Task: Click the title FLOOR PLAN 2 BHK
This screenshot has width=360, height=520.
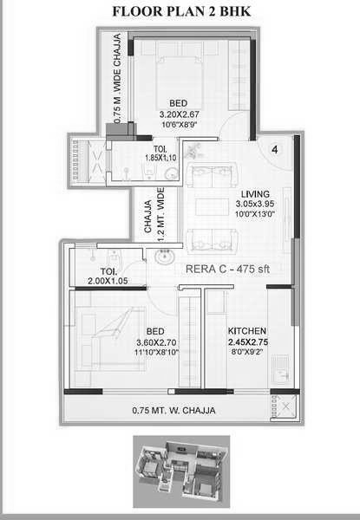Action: coord(181,11)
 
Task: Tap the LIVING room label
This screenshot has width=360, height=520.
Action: coord(255,194)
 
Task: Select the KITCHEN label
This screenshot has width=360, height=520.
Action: coord(247,331)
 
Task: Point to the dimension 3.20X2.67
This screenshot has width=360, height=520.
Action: coord(180,114)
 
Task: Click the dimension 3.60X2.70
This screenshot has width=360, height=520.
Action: coord(156,342)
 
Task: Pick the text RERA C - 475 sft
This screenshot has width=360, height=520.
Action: coord(227,269)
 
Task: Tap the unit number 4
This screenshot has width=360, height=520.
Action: coord(275,150)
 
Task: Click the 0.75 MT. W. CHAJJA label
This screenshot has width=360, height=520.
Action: coord(173,411)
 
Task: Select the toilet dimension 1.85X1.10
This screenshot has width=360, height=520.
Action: coord(160,158)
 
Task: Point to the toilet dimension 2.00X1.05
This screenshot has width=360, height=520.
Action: coord(108,281)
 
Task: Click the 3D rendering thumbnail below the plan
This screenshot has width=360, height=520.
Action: coord(181,471)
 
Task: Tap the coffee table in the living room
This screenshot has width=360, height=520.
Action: coord(212,207)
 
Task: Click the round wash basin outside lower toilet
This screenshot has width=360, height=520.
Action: coord(164,257)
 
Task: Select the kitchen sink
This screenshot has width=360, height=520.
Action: coord(280,369)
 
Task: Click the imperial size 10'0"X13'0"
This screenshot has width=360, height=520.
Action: coord(255,214)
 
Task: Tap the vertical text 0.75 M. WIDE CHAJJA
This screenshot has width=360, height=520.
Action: coord(117,79)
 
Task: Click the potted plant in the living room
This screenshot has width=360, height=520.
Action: coord(193,151)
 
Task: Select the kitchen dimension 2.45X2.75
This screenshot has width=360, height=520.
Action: coord(248,342)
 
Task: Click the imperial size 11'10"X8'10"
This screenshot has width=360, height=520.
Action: coord(157,352)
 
